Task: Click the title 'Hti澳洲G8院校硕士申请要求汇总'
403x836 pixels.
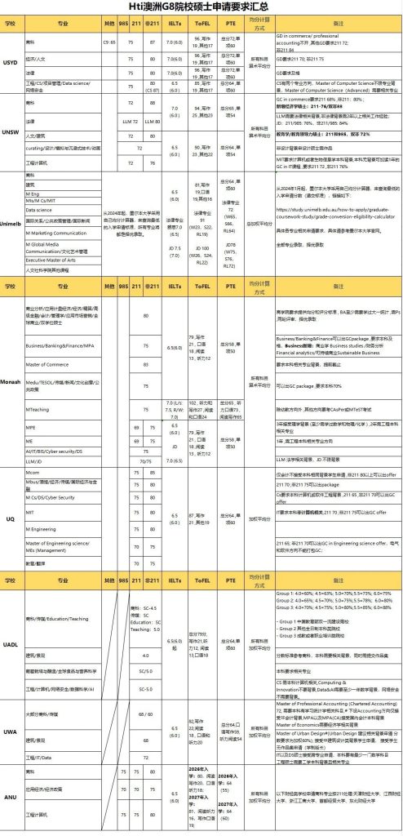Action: click(201, 7)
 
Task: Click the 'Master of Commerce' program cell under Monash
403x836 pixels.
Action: click(49, 364)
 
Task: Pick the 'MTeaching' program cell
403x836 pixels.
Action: click(42, 408)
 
